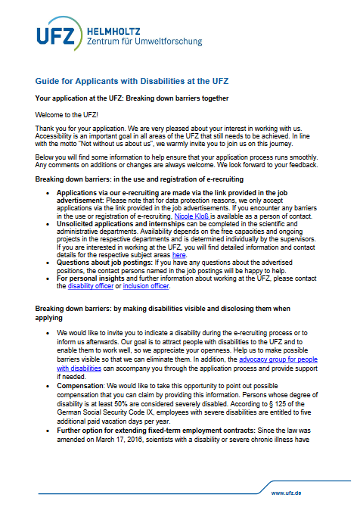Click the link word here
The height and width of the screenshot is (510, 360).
tap(178, 256)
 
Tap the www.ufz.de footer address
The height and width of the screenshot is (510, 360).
tap(288, 493)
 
